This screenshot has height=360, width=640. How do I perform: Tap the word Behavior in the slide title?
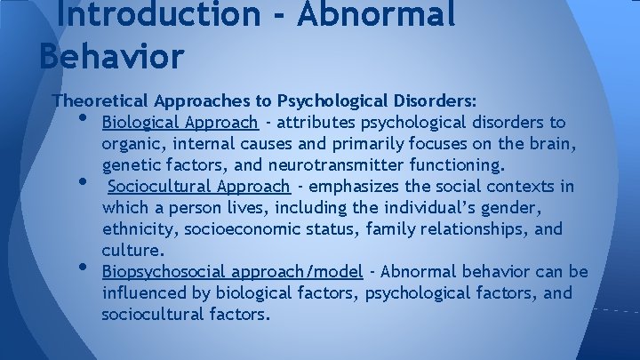112,55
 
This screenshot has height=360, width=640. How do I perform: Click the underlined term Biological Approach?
180,122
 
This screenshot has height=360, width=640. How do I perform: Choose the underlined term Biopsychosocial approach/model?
233,272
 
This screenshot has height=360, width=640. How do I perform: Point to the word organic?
131,144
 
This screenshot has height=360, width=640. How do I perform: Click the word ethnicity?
139,229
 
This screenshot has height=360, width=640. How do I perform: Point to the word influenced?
145,293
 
